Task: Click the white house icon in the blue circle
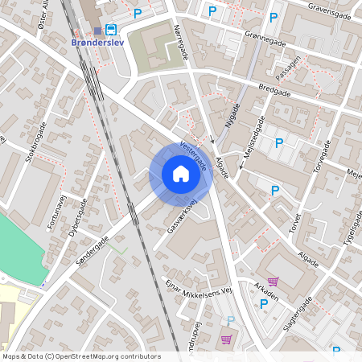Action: pyautogui.click(x=181, y=174)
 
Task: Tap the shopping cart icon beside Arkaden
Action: pyautogui.click(x=274, y=282)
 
